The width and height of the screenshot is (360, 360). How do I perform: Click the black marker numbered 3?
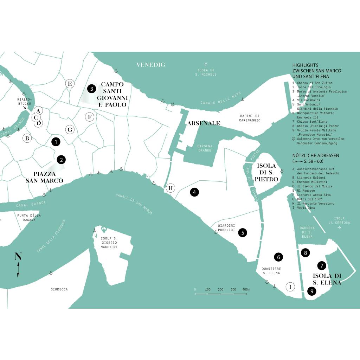(92, 89)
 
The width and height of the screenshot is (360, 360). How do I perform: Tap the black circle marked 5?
(243, 233)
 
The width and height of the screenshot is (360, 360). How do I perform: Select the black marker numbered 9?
(312, 291)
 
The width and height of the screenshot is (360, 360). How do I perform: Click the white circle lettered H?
(171, 188)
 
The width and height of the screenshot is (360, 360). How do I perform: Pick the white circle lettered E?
(70, 84)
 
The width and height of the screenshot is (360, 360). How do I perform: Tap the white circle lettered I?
(290, 287)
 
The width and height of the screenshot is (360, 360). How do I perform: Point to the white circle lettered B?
(27, 138)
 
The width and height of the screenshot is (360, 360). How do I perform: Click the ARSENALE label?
(204, 123)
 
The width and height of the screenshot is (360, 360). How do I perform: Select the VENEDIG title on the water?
(151, 65)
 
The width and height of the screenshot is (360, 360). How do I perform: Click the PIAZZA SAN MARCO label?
(45, 177)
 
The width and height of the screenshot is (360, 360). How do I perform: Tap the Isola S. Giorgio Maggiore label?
(109, 243)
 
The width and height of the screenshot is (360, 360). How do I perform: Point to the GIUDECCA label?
(59, 289)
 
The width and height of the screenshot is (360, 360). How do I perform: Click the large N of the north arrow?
(18, 256)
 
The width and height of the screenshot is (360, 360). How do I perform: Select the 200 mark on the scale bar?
(220, 289)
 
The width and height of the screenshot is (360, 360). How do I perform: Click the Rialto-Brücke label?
(25, 102)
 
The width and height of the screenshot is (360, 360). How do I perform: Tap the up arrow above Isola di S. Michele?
(206, 65)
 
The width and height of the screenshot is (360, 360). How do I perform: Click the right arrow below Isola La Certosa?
(339, 228)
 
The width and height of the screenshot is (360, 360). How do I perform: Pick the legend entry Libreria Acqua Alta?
(314, 195)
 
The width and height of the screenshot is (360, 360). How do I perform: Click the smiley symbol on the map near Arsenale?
(172, 105)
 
